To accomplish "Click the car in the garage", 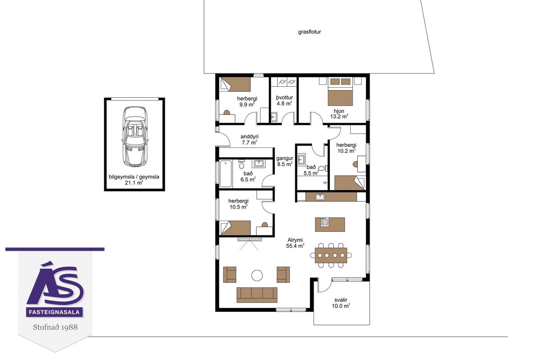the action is click(135, 137).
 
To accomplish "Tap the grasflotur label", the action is click(309, 32).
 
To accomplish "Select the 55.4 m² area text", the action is click(295, 246).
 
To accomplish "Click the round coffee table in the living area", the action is click(257, 275).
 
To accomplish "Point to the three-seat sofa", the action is click(257, 295).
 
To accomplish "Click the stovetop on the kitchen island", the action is click(324, 222).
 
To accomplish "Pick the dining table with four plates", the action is click(331, 255).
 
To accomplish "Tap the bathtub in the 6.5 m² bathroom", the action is click(226, 174).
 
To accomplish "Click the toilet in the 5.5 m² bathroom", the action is click(323, 168).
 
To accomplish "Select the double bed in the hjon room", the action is click(340, 92).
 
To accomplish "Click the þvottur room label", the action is click(285, 98).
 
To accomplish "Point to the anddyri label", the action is click(250, 137).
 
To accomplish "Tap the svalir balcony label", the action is click(341, 300).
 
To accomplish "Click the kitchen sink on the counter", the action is click(320, 197).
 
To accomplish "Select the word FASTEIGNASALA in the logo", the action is click(54, 312).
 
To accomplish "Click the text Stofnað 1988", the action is click(55, 327).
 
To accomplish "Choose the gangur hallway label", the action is click(285, 158).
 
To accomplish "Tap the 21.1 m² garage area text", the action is click(134, 182).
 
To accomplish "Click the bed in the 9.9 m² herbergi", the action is click(236, 84).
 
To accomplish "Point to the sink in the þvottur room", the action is click(274, 117).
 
